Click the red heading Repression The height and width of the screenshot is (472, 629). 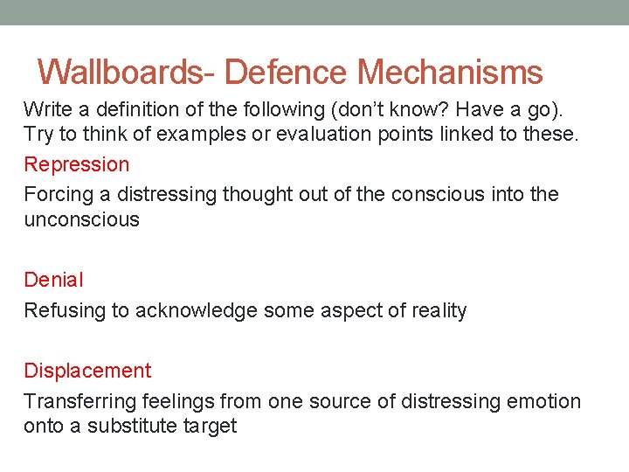(77, 164)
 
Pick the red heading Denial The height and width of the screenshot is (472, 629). (53, 280)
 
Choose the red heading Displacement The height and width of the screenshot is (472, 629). (87, 371)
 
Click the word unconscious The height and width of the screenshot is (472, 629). (81, 219)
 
